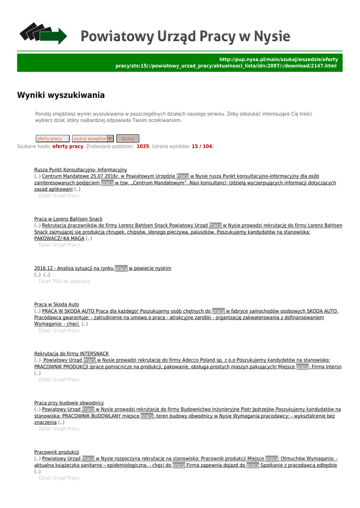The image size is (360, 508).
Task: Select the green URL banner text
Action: [x=226, y=63]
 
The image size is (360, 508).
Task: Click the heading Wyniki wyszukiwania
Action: [x=61, y=95]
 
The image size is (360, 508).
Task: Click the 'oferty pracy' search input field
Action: [x=52, y=139]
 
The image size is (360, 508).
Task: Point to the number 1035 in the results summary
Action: [x=143, y=146]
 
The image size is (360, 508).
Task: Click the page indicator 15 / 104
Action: [x=202, y=146]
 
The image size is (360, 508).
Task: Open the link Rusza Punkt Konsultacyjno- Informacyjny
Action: [x=80, y=170]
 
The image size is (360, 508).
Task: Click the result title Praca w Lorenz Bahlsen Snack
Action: [x=68, y=219]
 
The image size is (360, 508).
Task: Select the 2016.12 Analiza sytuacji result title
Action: [x=102, y=268]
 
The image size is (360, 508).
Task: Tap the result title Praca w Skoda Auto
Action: [x=56, y=304]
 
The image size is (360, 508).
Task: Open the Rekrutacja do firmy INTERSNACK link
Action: [x=71, y=354]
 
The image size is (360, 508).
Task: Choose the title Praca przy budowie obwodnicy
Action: [x=69, y=403]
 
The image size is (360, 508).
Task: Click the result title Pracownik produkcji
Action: [x=57, y=452]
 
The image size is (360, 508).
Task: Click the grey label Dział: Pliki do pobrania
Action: [x=65, y=281]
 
